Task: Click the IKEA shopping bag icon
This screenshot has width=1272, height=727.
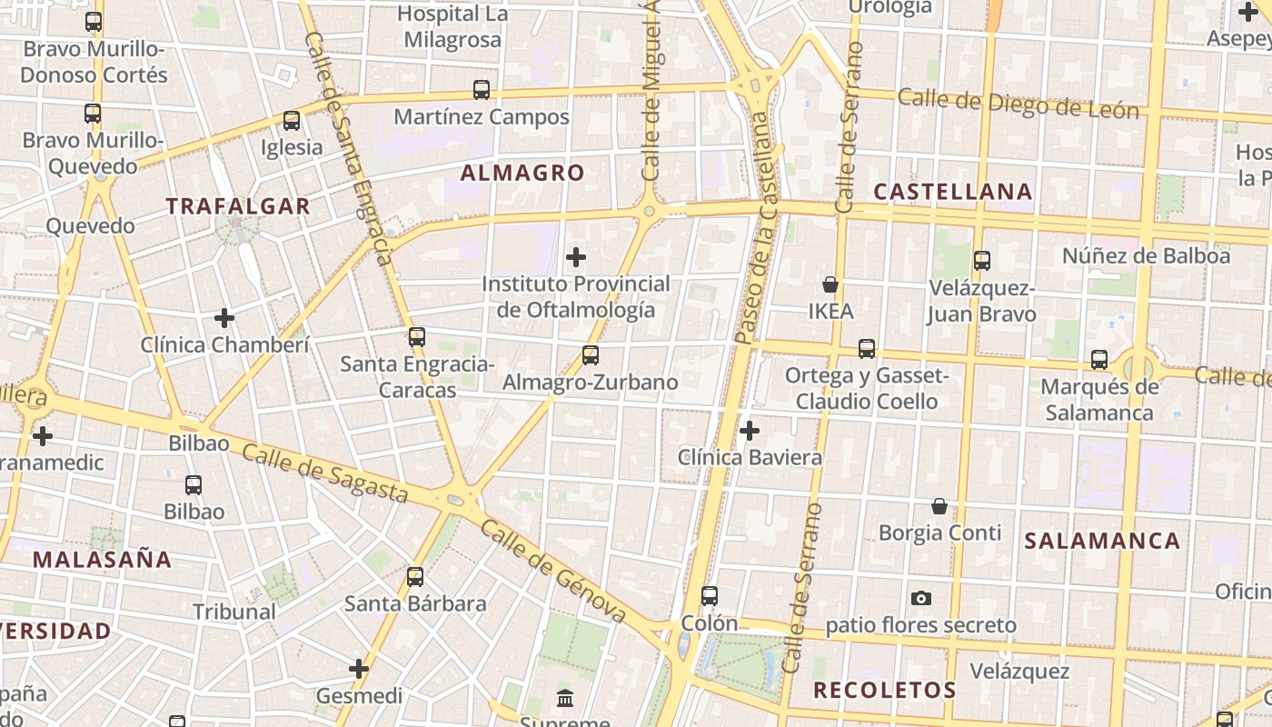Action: [830, 284]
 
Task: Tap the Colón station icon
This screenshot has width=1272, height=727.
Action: [710, 596]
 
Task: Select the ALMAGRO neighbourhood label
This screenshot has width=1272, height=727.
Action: [522, 173]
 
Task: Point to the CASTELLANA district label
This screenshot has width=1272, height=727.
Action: [953, 192]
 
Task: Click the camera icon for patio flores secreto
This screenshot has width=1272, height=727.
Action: [921, 598]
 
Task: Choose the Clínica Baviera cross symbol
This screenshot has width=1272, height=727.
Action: [750, 430]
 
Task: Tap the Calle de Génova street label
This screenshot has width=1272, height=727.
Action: [553, 572]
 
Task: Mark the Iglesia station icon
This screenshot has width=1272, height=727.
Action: [292, 121]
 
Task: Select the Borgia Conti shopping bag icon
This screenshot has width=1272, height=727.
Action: [939, 505]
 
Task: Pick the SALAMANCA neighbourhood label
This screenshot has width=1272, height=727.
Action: [1102, 541]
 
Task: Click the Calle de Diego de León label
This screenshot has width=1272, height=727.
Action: [1018, 104]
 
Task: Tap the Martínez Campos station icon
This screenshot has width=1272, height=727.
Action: [482, 90]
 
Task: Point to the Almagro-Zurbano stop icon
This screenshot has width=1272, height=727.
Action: [591, 355]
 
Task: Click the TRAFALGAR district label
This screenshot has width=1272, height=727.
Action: [238, 206]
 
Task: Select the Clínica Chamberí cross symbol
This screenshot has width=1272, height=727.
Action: [224, 318]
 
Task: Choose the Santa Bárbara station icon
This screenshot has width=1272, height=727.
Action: [415, 577]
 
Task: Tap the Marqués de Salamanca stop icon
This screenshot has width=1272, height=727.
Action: [1099, 360]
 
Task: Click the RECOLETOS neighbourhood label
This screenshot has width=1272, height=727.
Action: [884, 690]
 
